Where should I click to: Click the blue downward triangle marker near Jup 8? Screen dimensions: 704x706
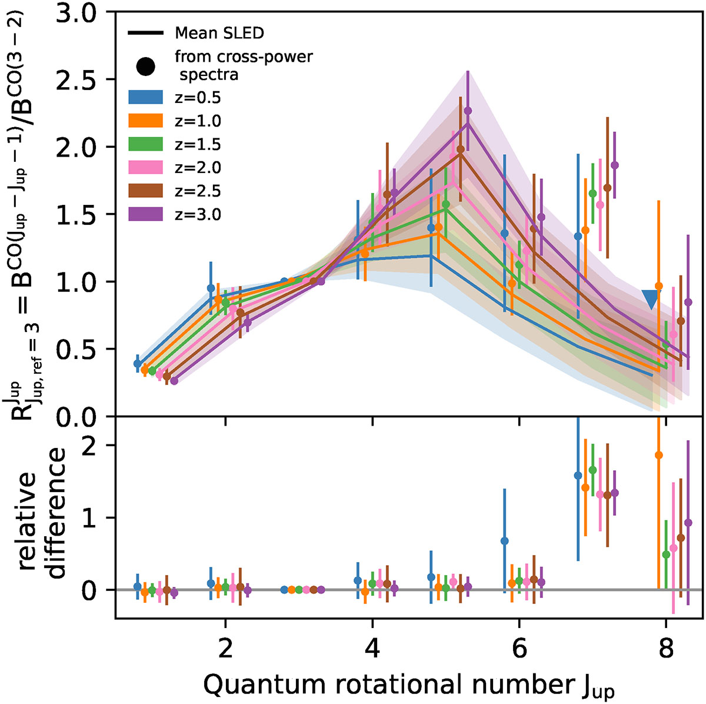(x=651, y=299)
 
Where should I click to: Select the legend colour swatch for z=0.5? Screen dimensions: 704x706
(x=145, y=97)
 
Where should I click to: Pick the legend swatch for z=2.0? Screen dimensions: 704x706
(x=145, y=168)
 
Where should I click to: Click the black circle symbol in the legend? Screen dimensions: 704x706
(x=145, y=66)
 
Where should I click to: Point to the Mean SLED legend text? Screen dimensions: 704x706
(x=219, y=33)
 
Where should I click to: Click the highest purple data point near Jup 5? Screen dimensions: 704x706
(x=468, y=111)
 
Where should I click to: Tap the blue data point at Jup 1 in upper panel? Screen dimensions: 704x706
(x=137, y=364)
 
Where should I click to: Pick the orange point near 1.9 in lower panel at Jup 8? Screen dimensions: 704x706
(x=658, y=455)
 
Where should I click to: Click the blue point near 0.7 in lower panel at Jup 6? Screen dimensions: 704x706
(x=504, y=540)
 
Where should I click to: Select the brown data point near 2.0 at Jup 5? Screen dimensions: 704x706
(x=460, y=149)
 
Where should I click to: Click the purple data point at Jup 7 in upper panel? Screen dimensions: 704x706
(x=615, y=165)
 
